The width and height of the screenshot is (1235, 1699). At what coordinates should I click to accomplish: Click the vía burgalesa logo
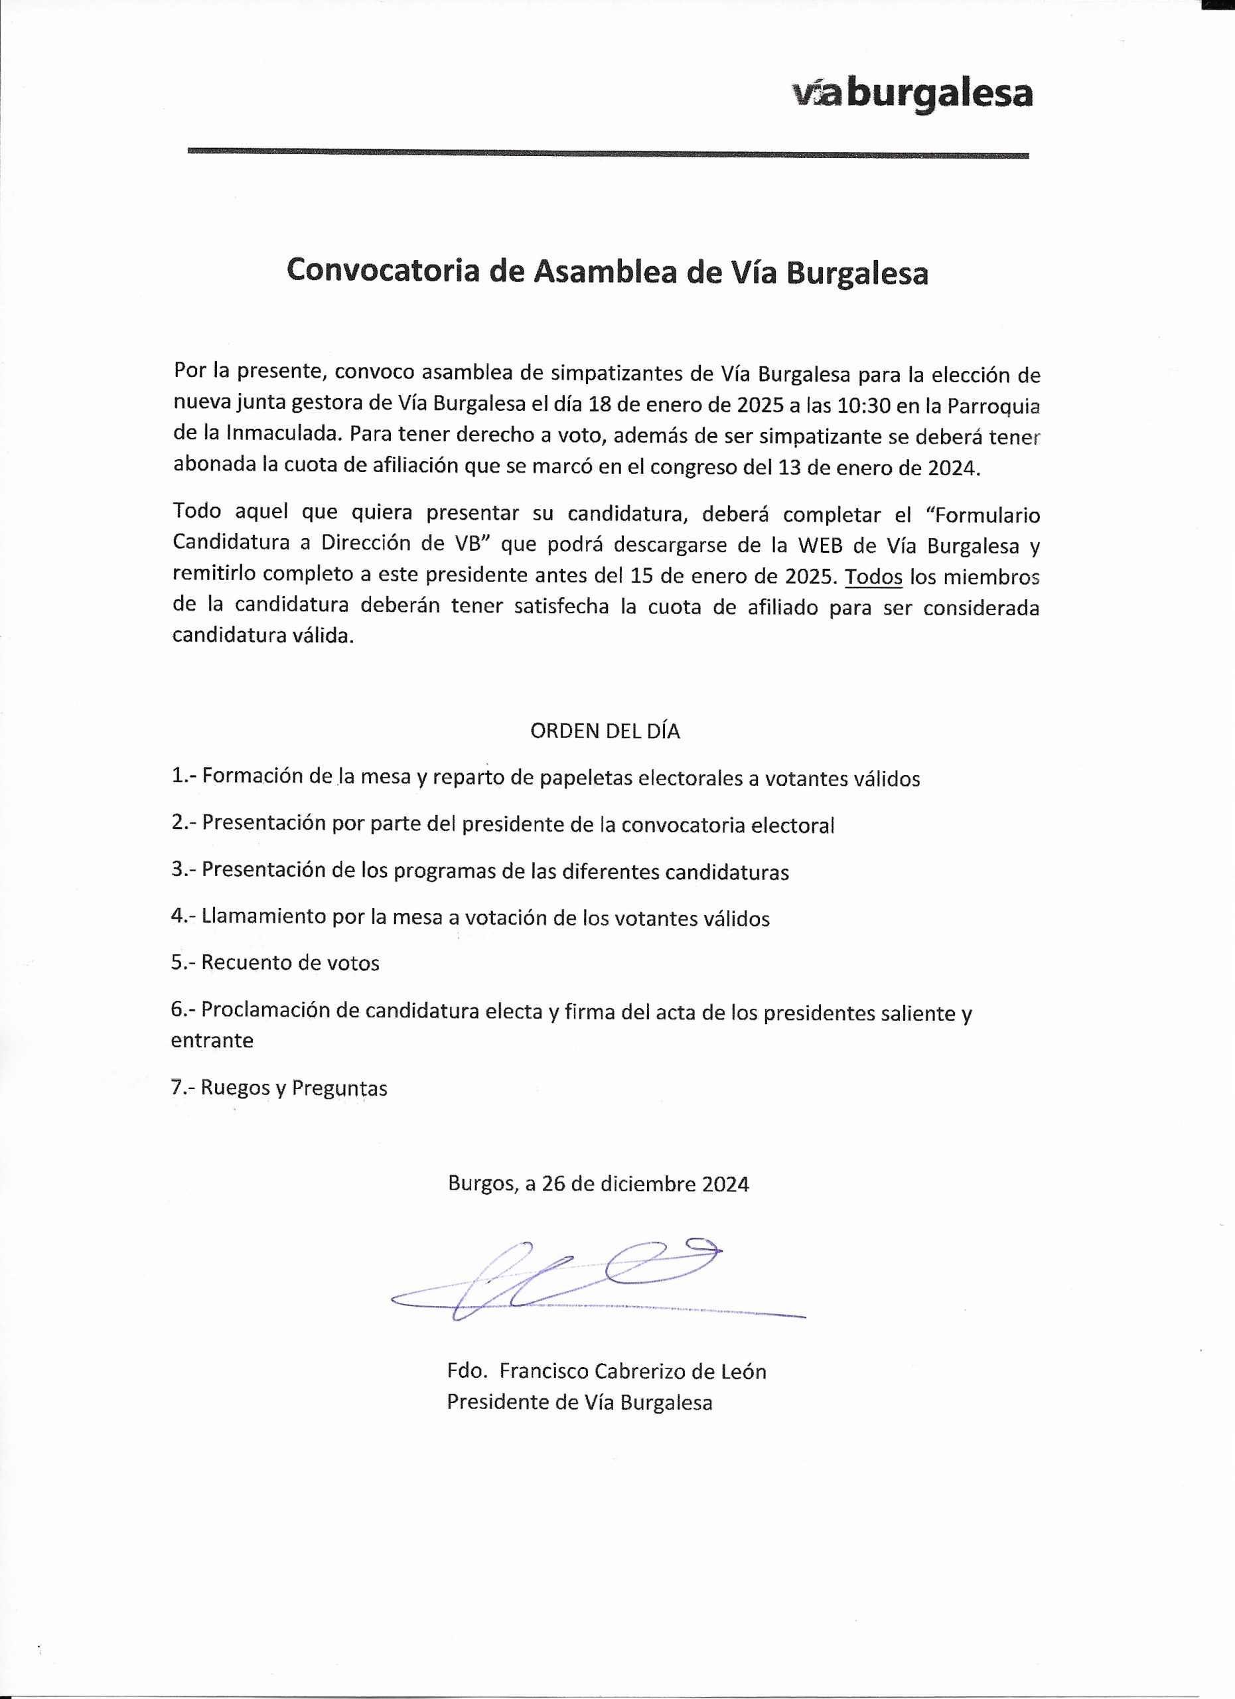[x=911, y=95]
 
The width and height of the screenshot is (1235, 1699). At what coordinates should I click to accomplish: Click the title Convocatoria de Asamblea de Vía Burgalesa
[x=607, y=271]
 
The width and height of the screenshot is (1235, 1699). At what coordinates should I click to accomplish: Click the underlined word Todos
[x=873, y=577]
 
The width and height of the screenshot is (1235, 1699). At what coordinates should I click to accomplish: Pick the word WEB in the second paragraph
[x=821, y=546]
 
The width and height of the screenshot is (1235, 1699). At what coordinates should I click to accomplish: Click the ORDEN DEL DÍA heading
[x=605, y=731]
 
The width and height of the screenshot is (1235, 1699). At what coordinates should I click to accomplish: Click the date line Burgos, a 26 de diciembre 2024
[x=599, y=1183]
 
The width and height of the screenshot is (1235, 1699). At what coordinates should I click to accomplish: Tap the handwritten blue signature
[x=592, y=1280]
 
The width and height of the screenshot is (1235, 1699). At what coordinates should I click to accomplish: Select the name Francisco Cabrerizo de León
[x=633, y=1372]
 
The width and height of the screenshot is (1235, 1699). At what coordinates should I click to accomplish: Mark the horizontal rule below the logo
[x=607, y=153]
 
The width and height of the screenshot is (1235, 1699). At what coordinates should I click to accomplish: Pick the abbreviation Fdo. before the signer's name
[x=465, y=1372]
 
